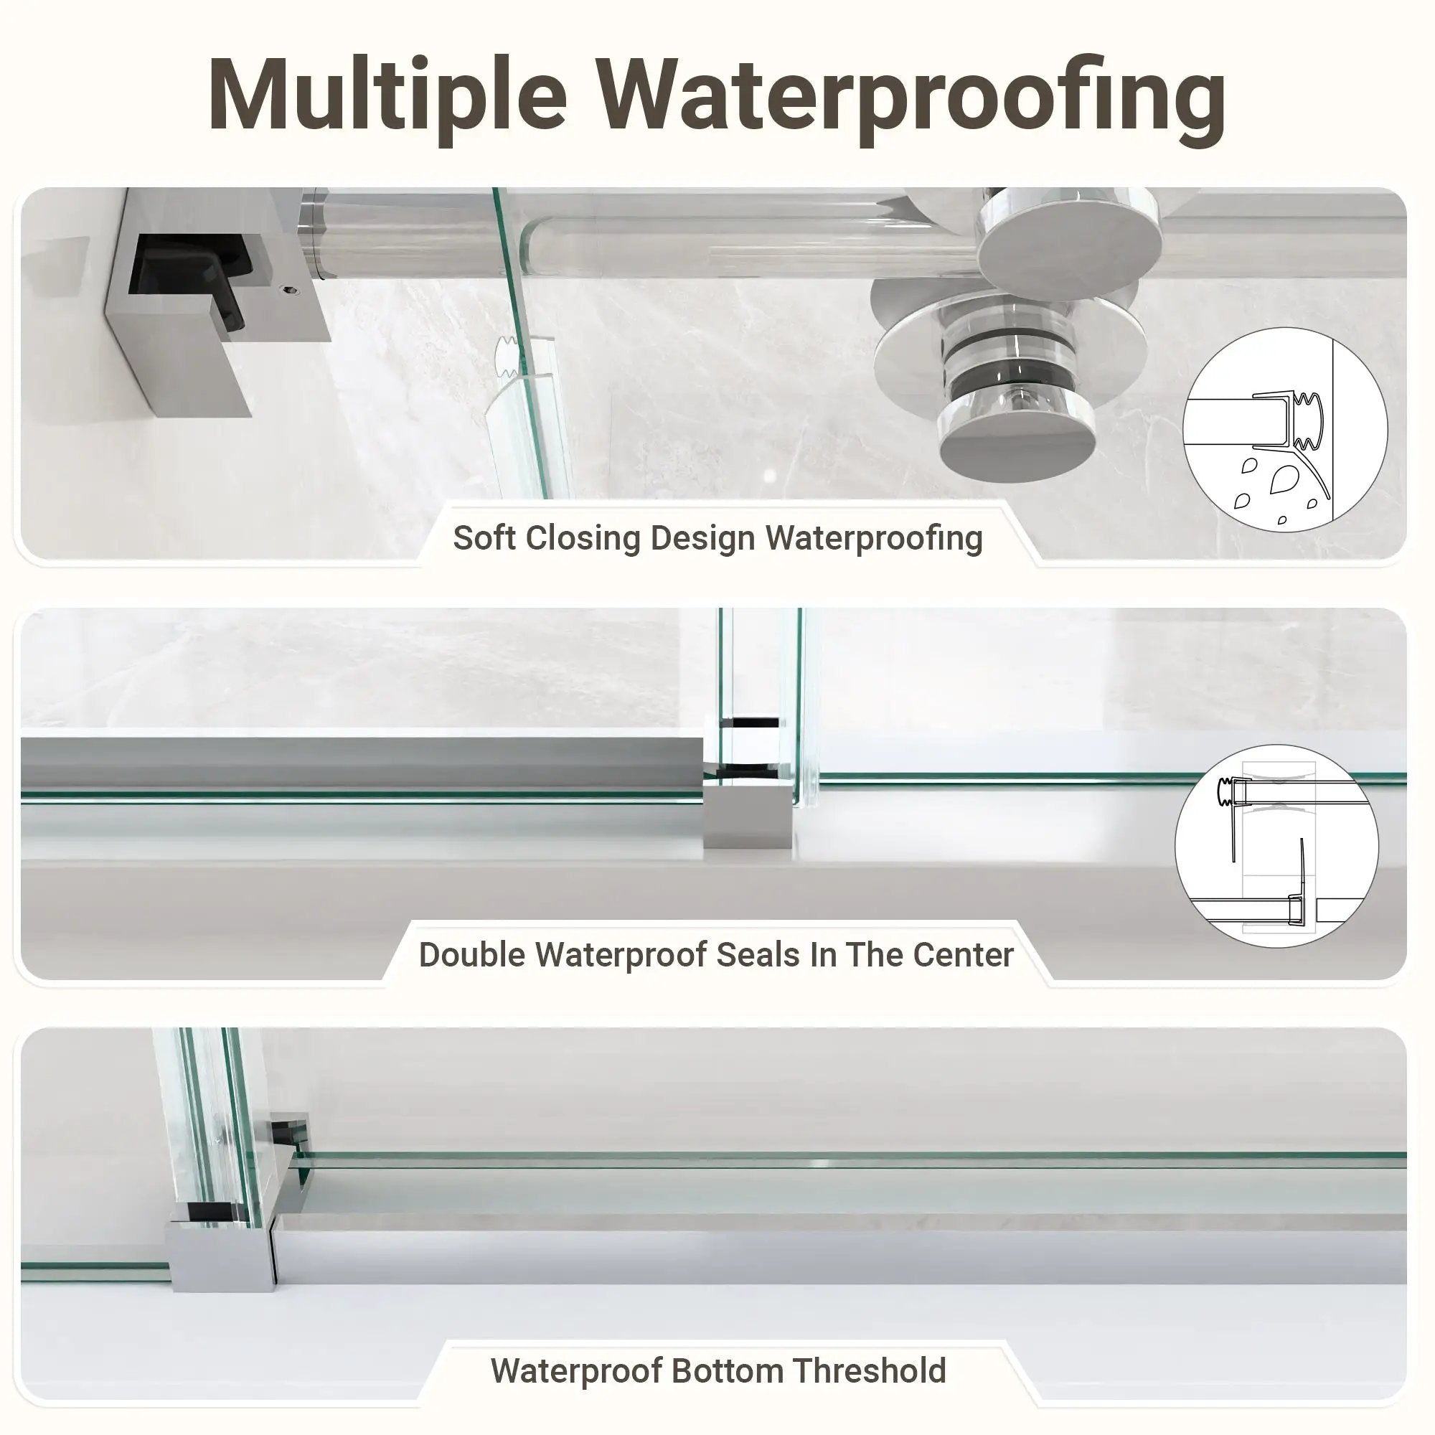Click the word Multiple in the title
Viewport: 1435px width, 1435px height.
click(x=387, y=97)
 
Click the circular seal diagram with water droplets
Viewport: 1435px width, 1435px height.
click(x=1285, y=429)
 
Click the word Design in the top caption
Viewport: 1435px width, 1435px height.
click(x=702, y=539)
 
